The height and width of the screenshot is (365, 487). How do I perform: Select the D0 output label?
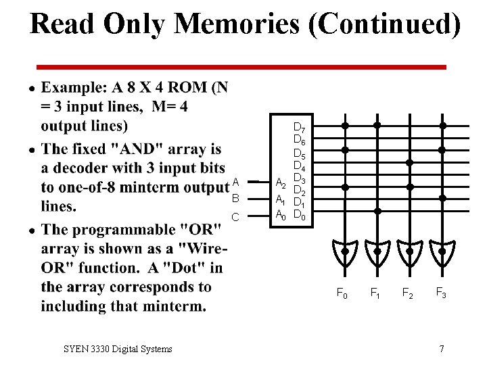coord(300,216)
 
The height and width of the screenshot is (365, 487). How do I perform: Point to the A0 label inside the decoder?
coord(280,215)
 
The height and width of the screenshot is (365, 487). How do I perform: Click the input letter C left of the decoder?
coord(235,217)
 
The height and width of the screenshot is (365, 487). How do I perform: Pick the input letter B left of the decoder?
coord(235,199)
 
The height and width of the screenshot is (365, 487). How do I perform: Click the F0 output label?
coord(343,293)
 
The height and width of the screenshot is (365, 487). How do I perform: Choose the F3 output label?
coord(441,293)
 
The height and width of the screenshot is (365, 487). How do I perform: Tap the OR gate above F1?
coord(377,251)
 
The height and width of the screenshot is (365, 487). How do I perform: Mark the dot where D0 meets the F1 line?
coord(377,211)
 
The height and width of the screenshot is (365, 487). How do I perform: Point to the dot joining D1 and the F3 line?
coord(442,199)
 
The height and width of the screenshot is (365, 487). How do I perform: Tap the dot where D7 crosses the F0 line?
coord(345,126)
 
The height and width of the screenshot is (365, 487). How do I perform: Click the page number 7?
coord(441,349)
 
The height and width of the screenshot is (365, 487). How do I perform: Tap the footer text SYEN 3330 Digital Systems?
coord(118,349)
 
